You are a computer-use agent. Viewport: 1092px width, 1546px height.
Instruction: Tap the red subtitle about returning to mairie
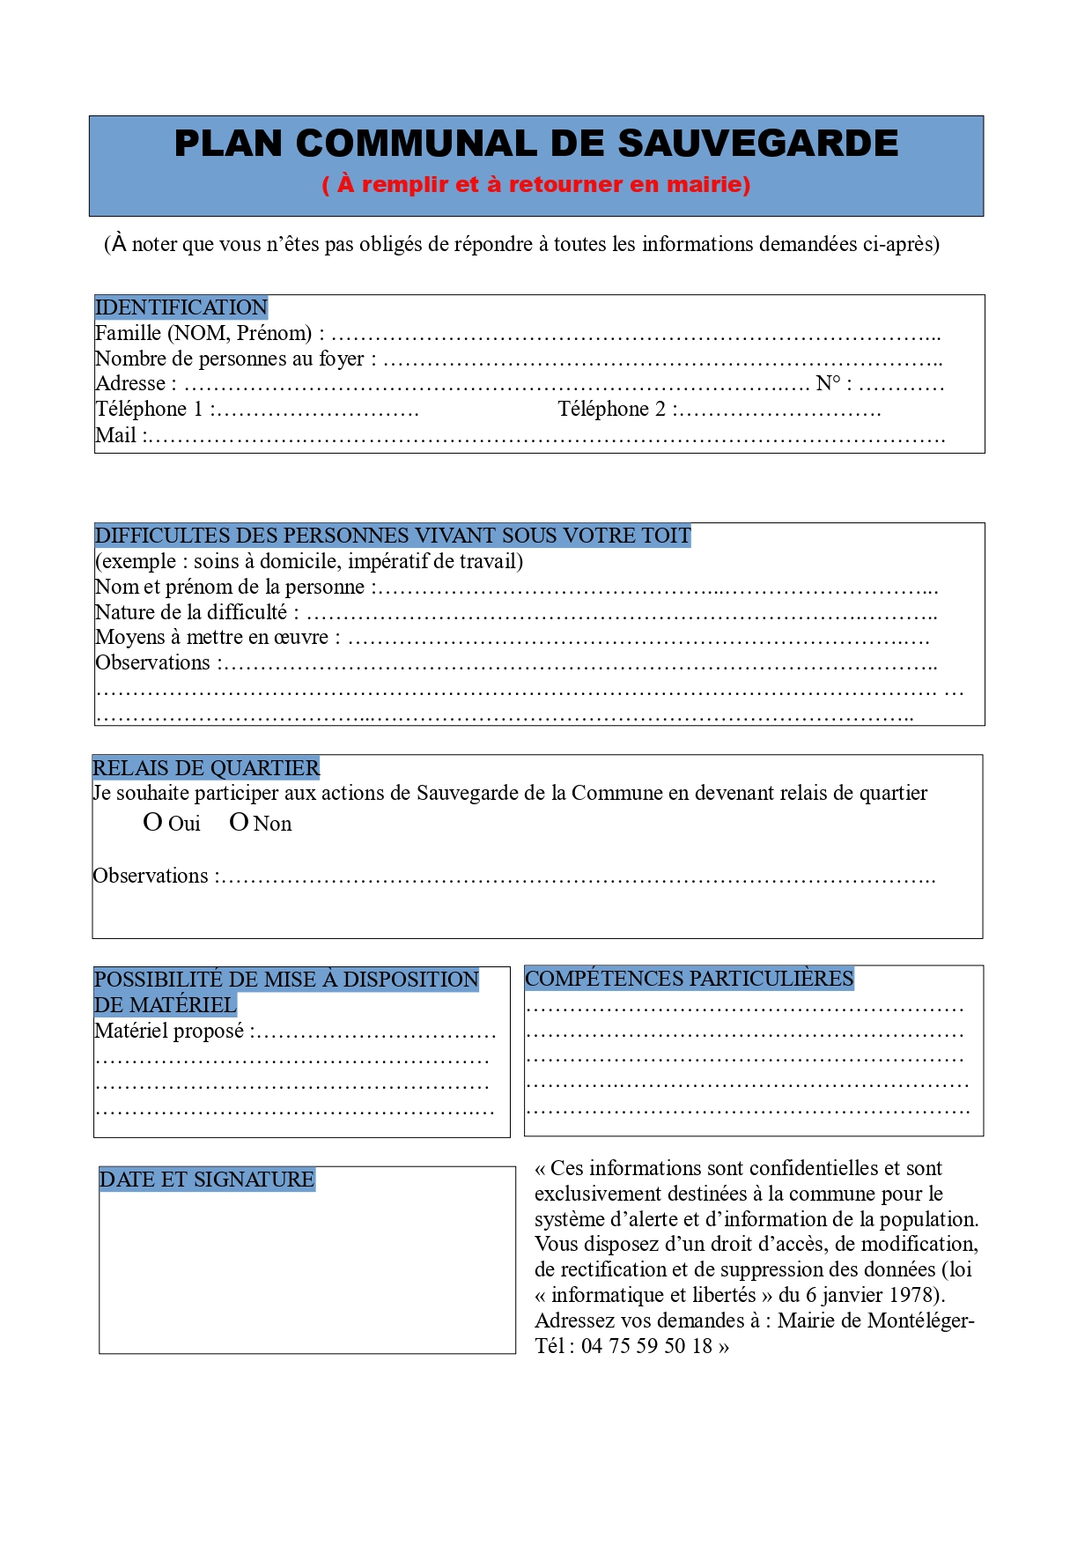[x=536, y=184]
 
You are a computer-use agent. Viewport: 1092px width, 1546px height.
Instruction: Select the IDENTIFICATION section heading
[x=181, y=307]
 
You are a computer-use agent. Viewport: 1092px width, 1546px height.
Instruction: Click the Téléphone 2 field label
[x=612, y=409]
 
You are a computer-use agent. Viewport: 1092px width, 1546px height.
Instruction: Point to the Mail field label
[x=115, y=435]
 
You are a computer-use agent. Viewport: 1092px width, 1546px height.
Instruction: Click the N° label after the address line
[x=828, y=383]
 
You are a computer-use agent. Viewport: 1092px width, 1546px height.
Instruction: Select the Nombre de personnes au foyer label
[x=229, y=359]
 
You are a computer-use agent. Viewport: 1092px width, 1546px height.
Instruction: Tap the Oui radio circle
[x=152, y=823]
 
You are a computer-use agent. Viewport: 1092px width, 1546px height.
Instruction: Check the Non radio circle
[x=239, y=823]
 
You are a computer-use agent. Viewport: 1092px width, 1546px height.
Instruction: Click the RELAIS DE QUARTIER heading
[x=206, y=768]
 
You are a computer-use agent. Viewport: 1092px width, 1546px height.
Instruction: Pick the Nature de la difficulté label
[x=191, y=612]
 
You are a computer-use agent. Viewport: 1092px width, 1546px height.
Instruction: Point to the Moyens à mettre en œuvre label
[x=211, y=637]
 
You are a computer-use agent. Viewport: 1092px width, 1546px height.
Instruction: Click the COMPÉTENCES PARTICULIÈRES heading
[x=689, y=979]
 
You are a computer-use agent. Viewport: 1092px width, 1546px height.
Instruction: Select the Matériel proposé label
[x=169, y=1031]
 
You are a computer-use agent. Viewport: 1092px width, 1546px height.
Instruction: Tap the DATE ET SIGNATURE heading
[x=207, y=1180]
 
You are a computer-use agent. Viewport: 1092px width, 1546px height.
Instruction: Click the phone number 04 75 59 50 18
[x=646, y=1346]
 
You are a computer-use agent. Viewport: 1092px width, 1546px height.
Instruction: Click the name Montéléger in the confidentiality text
[x=919, y=1320]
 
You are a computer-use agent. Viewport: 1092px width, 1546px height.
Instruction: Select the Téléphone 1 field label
[x=149, y=409]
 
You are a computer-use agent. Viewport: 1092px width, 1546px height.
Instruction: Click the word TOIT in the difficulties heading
[x=668, y=536]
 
